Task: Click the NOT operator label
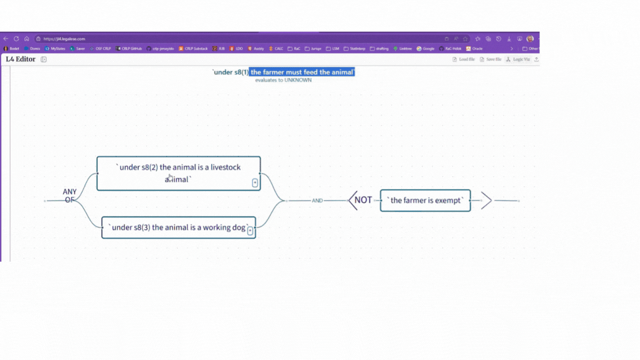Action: (363, 200)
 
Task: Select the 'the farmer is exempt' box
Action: (426, 201)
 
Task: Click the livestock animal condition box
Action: (178, 173)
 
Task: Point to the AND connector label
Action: (317, 201)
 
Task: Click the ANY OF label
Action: (69, 196)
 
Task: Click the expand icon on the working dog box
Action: (250, 231)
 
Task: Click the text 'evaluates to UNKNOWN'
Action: (283, 80)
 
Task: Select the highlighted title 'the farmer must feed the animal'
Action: (302, 72)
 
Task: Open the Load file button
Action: (463, 59)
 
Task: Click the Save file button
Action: (491, 59)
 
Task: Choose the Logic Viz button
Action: (518, 59)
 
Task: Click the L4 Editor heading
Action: (21, 59)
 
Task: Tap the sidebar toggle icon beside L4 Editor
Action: (43, 59)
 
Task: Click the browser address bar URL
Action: (64, 39)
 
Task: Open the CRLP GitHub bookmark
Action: (129, 49)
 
